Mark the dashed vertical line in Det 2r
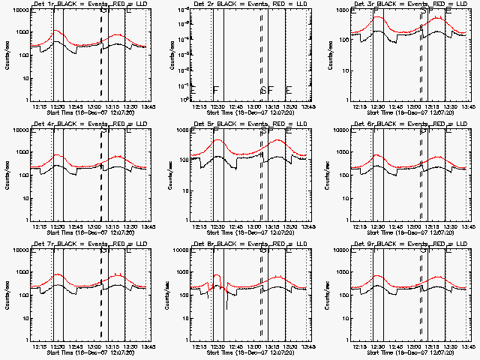coord(261,52)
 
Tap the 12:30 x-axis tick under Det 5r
coord(217,226)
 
